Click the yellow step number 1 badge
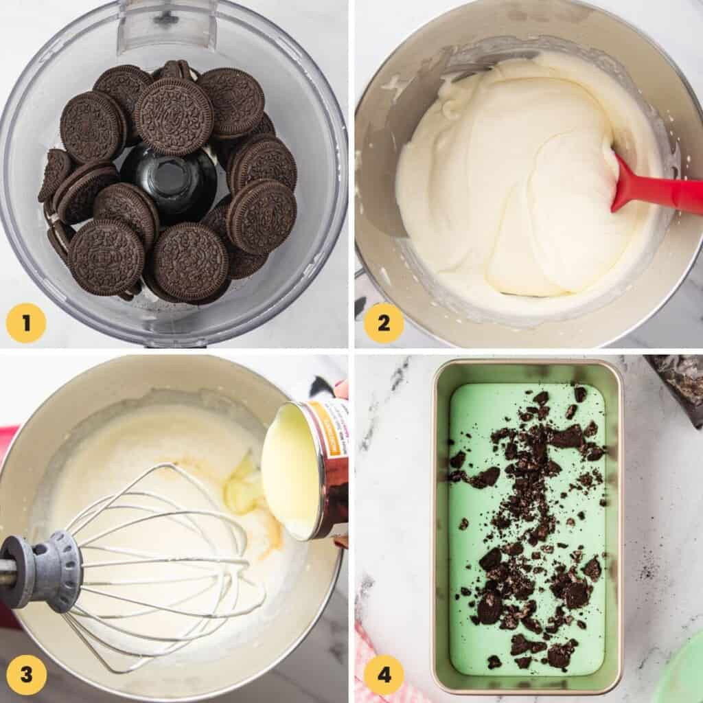pyautogui.click(x=26, y=323)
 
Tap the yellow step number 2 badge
pyautogui.click(x=383, y=323)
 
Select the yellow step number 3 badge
pyautogui.click(x=26, y=674)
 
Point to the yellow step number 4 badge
pyautogui.click(x=383, y=674)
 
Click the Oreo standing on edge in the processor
pyautogui.click(x=55, y=175)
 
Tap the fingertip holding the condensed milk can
pyautogui.click(x=341, y=389)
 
